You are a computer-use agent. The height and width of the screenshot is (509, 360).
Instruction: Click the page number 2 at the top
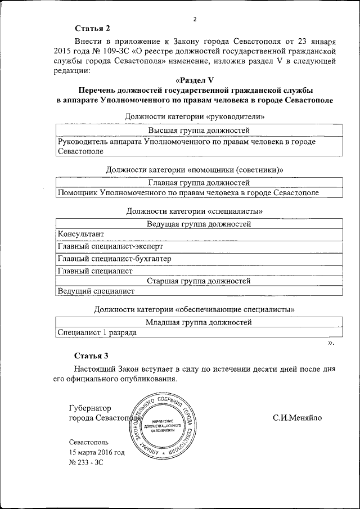[x=195, y=19]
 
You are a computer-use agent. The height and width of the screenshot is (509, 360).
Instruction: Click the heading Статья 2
[x=93, y=29]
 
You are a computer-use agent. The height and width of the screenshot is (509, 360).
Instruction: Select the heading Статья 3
[x=93, y=355]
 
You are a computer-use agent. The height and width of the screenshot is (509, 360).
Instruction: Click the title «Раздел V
[x=195, y=80]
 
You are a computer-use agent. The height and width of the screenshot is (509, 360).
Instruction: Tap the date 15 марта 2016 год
[x=97, y=452]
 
